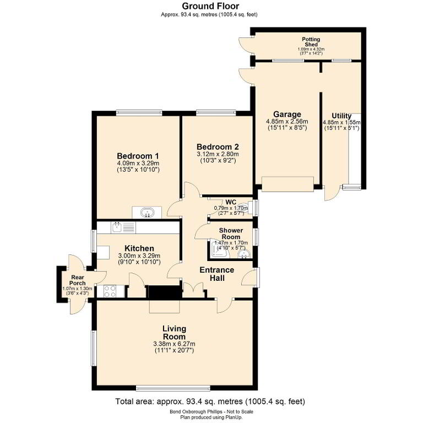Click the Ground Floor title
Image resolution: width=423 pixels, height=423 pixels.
(x=210, y=6)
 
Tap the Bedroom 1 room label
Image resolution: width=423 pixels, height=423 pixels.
(x=138, y=156)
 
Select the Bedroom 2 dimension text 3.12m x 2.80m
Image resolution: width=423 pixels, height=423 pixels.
(x=218, y=154)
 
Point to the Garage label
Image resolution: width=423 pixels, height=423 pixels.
(x=287, y=115)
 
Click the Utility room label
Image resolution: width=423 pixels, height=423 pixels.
(x=341, y=116)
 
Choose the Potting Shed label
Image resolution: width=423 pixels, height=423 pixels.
(x=311, y=42)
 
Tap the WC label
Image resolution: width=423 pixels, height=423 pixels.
(x=231, y=202)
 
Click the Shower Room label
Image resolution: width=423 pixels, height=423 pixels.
(x=231, y=234)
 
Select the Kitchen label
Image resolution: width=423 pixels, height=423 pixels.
(x=139, y=248)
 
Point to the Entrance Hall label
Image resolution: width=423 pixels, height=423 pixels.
(x=217, y=274)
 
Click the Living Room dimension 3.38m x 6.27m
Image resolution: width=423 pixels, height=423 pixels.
(x=174, y=344)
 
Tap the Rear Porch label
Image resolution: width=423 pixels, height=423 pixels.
(x=78, y=280)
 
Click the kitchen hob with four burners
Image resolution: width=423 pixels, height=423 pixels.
(x=110, y=291)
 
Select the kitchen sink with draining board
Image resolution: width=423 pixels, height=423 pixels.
(x=123, y=227)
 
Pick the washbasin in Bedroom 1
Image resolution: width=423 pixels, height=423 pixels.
(x=147, y=213)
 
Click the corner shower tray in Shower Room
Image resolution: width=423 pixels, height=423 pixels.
(x=219, y=248)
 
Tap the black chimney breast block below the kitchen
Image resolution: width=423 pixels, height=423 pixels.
(x=164, y=292)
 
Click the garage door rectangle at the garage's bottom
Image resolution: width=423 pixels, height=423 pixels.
(x=288, y=184)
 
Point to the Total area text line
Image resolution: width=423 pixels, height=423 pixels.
(x=210, y=402)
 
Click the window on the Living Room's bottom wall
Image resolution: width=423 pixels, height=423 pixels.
(x=173, y=388)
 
